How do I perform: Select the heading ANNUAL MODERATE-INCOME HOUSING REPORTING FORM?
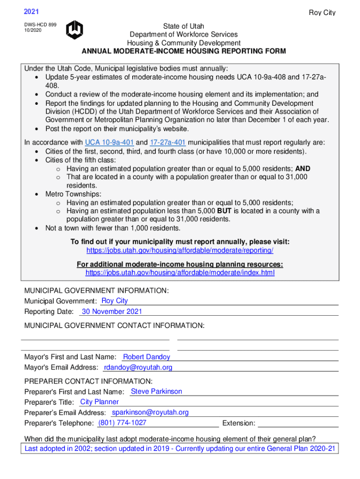[184, 51]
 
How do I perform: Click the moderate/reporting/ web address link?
[180, 250]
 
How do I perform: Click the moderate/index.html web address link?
[180, 272]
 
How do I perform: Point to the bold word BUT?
[219, 211]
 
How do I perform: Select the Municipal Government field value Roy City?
[115, 301]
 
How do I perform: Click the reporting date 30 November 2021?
[112, 312]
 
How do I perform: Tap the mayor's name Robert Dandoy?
[146, 357]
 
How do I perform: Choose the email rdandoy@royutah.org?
[138, 368]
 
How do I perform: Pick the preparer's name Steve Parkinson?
[157, 392]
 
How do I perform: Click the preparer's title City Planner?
[100, 402]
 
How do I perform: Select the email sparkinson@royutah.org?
[150, 412]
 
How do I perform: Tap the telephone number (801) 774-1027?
[122, 423]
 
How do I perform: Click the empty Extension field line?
[298, 424]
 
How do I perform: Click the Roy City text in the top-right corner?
[322, 13]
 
